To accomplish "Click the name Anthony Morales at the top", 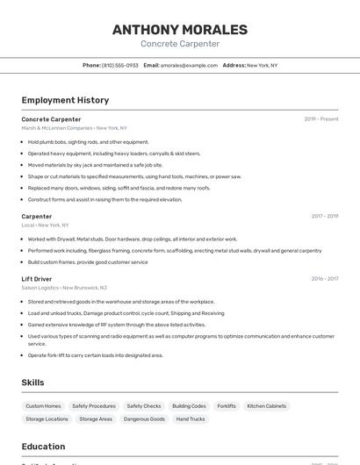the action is [x=180, y=30].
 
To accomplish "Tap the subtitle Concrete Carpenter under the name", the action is [x=180, y=44].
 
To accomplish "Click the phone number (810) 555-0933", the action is [x=119, y=65].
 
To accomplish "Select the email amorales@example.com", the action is [x=189, y=65].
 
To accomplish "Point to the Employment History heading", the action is [x=65, y=100].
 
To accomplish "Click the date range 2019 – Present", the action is [x=321, y=119].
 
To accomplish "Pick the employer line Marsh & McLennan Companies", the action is [x=75, y=128].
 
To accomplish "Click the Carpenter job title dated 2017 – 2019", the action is [x=37, y=216].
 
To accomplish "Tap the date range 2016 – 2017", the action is [x=324, y=279].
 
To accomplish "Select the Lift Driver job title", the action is [x=37, y=279].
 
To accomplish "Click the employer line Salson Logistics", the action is [x=64, y=288].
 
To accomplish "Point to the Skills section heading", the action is [x=32, y=383].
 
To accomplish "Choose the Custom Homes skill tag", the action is [x=43, y=406].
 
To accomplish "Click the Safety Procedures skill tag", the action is [x=94, y=406].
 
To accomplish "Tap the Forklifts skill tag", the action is [x=227, y=406].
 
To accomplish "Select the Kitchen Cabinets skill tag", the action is [x=267, y=406].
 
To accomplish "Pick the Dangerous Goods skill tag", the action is [x=144, y=419].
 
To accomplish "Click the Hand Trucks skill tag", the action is [x=191, y=419].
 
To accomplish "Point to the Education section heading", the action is [x=43, y=447].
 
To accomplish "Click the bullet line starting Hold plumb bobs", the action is [x=88, y=142].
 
